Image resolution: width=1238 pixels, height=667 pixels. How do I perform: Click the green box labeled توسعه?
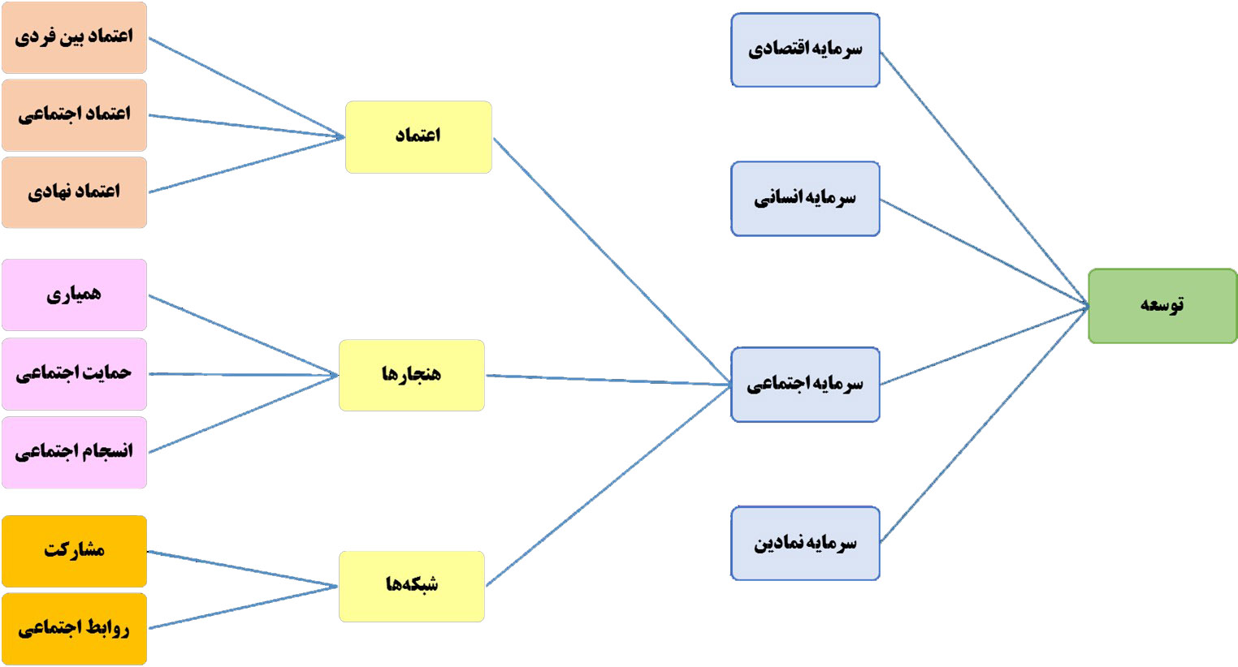pyautogui.click(x=1162, y=306)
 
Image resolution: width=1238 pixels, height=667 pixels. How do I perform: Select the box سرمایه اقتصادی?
pyautogui.click(x=805, y=49)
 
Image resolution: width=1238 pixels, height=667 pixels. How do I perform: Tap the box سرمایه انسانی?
pyautogui.click(x=805, y=199)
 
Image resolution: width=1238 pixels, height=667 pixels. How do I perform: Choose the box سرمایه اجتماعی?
pyautogui.click(x=805, y=385)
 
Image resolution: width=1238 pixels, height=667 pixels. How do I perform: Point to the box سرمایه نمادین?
pyautogui.click(x=805, y=543)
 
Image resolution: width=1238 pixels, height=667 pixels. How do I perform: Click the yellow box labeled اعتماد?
pyautogui.click(x=418, y=136)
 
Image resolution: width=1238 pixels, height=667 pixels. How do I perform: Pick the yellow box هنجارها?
pyautogui.click(x=411, y=375)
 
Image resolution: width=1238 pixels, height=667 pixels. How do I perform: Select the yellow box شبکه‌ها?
pyautogui.click(x=411, y=586)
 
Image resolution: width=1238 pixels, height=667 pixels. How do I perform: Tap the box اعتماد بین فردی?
pyautogui.click(x=74, y=37)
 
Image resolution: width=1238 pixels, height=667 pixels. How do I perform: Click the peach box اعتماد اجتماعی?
pyautogui.click(x=74, y=115)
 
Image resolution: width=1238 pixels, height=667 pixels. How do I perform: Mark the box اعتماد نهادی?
pyautogui.click(x=74, y=192)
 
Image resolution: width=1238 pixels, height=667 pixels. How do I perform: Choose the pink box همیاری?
pyautogui.click(x=74, y=295)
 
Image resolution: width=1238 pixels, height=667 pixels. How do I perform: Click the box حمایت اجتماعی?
pyautogui.click(x=74, y=374)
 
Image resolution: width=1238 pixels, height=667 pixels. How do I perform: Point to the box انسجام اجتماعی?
pyautogui.click(x=74, y=452)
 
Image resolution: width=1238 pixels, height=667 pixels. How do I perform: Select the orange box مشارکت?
pyautogui.click(x=74, y=551)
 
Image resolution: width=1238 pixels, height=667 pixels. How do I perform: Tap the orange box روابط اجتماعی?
pyautogui.click(x=74, y=629)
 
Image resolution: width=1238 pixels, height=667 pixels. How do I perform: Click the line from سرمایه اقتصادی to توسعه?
pyautogui.click(x=985, y=179)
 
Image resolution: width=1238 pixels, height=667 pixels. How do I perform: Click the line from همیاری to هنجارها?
pyautogui.click(x=244, y=336)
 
